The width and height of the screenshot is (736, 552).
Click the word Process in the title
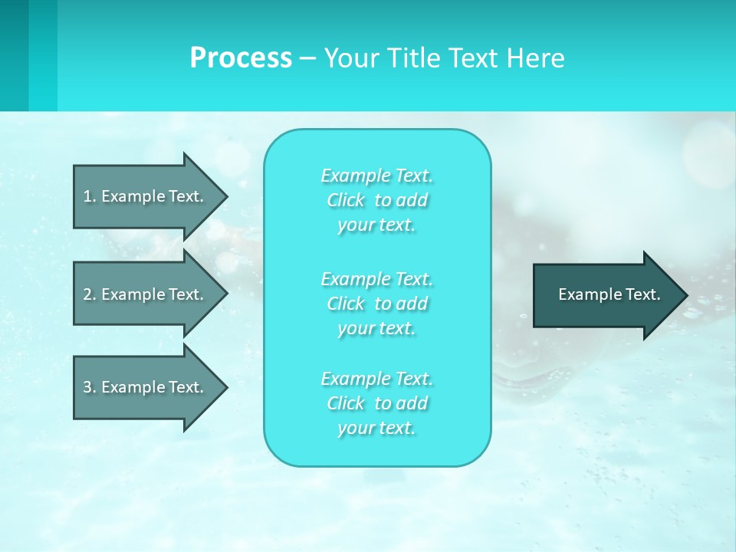coord(241,58)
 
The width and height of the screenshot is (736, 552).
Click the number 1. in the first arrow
coord(90,196)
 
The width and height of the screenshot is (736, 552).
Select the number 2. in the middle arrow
coord(90,294)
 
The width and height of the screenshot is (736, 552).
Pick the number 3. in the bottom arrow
coord(90,387)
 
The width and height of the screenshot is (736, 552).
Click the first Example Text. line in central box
coord(377,176)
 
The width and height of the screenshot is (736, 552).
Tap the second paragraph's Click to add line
coord(377,304)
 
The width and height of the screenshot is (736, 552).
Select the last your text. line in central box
coord(377,428)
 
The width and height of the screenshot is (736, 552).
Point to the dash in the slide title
coord(308,58)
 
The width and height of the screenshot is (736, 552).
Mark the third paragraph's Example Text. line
coord(377,379)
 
